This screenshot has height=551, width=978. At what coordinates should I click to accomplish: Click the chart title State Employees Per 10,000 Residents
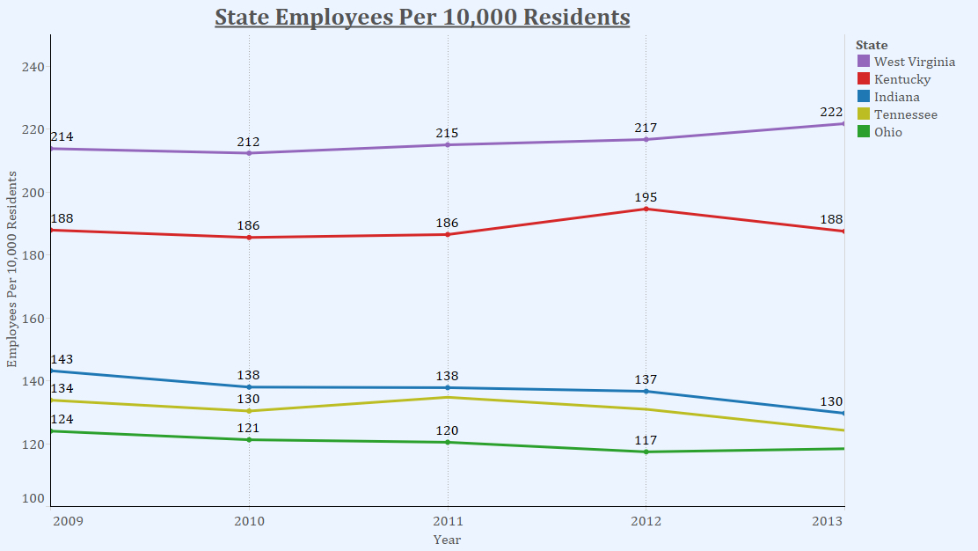tap(422, 18)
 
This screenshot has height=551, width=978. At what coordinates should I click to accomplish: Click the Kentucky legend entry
tap(901, 79)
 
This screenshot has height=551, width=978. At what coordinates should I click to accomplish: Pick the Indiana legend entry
tap(896, 97)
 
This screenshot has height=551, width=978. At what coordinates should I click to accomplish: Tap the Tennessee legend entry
tap(905, 114)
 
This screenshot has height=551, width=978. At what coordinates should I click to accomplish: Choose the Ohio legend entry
tap(887, 132)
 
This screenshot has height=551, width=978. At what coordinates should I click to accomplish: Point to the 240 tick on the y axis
tap(33, 67)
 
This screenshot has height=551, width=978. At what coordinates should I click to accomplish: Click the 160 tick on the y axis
tap(33, 319)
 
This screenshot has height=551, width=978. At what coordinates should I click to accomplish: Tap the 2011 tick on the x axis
tap(448, 521)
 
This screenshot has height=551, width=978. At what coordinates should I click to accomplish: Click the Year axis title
tap(447, 540)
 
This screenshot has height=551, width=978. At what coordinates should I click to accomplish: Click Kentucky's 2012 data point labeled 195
tap(646, 209)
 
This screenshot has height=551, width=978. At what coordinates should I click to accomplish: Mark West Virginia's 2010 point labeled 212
tap(249, 153)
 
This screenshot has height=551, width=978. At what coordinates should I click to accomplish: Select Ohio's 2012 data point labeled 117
tap(646, 452)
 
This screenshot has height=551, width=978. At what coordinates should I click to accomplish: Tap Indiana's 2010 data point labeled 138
tap(249, 387)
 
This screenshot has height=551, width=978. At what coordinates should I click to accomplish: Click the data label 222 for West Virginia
tap(832, 112)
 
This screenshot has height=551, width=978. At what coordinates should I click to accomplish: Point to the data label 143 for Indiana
tap(62, 360)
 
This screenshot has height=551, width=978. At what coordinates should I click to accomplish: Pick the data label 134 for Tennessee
tap(62, 389)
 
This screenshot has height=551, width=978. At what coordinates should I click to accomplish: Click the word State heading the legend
tap(872, 45)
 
